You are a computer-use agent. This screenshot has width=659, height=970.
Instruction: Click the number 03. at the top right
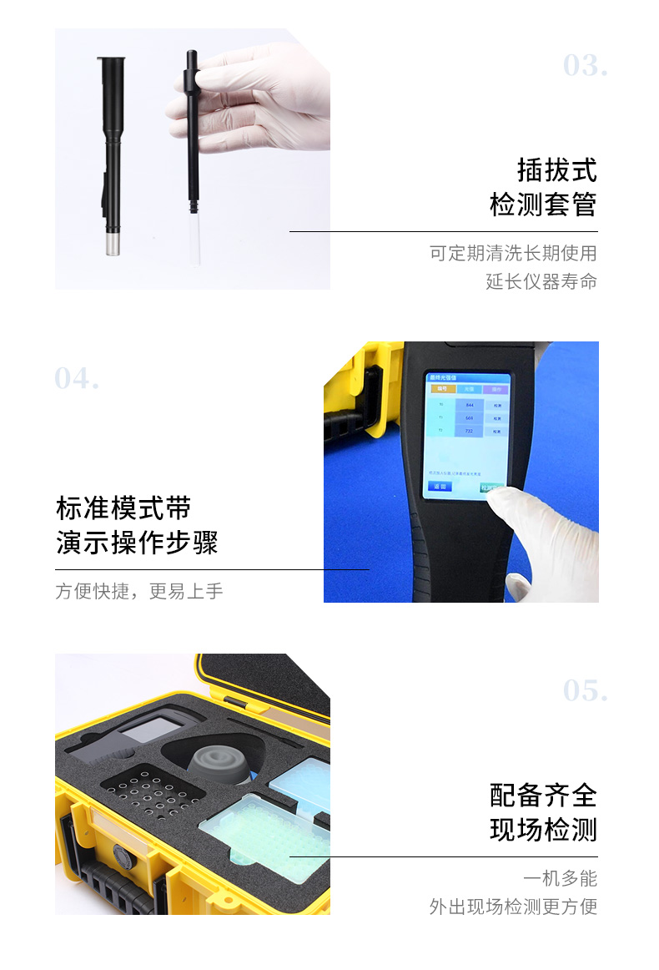tap(585, 65)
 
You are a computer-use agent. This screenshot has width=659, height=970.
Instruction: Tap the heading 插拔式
tap(557, 169)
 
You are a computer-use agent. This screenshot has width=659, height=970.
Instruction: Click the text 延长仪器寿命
tap(541, 281)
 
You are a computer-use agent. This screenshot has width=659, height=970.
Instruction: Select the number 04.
tap(77, 378)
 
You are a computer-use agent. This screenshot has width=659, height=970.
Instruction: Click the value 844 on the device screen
tap(469, 405)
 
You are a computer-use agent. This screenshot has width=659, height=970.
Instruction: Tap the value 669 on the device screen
tap(469, 418)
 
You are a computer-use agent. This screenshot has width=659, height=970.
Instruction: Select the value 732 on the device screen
tap(469, 432)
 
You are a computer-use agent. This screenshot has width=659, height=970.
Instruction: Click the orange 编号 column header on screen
tap(440, 389)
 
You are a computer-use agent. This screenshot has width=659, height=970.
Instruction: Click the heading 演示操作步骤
tap(137, 543)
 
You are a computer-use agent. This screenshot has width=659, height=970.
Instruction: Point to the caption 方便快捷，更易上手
tap(139, 591)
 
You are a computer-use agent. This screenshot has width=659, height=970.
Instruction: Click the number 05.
tap(585, 690)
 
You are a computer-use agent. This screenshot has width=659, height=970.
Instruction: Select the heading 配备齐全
tap(543, 795)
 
